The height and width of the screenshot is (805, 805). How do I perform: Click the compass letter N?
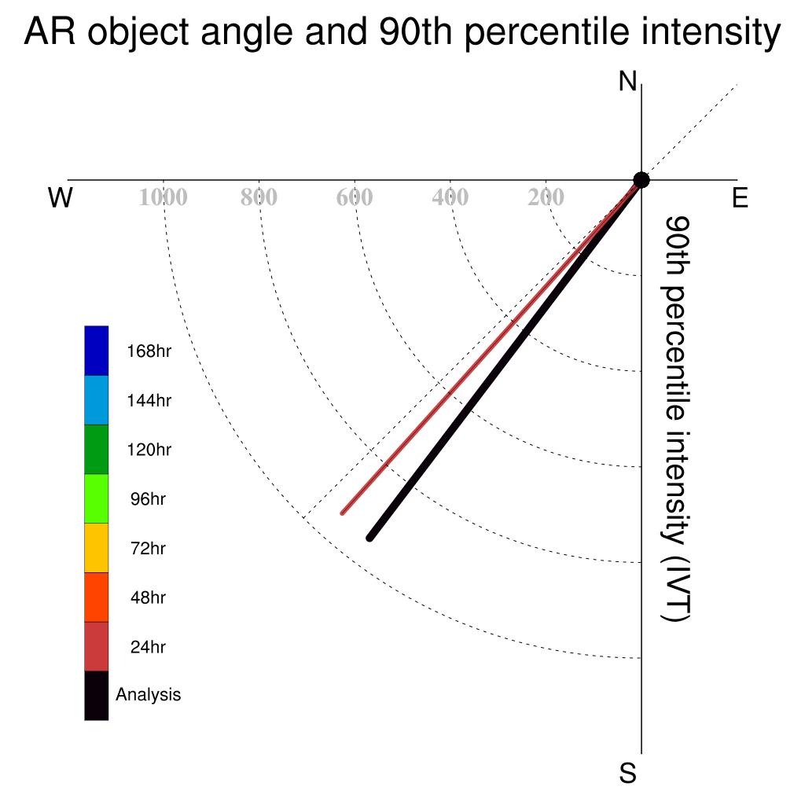627,82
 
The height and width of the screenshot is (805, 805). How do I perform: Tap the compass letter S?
627,773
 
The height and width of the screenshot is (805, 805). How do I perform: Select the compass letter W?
61,197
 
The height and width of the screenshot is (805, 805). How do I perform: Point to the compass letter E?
740,197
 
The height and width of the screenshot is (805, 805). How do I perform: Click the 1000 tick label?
164,197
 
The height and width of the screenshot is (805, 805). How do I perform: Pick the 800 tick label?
259,197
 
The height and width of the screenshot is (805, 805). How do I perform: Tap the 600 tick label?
355,197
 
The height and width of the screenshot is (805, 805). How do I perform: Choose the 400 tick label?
450,197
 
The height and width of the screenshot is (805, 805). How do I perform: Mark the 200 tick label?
546,197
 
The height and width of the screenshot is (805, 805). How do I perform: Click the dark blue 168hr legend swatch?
97,351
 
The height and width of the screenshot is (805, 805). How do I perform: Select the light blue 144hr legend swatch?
97,400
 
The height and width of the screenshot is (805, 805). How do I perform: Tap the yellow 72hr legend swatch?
97,548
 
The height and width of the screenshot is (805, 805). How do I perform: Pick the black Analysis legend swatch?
97,696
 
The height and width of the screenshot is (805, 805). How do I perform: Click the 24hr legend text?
148,647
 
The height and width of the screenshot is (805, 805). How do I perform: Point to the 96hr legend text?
148,499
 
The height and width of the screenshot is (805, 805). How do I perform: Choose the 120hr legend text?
149,450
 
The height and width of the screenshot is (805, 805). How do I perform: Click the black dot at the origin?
641,180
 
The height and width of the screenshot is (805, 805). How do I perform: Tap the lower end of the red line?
343,513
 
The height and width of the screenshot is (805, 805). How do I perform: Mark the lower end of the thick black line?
369,538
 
